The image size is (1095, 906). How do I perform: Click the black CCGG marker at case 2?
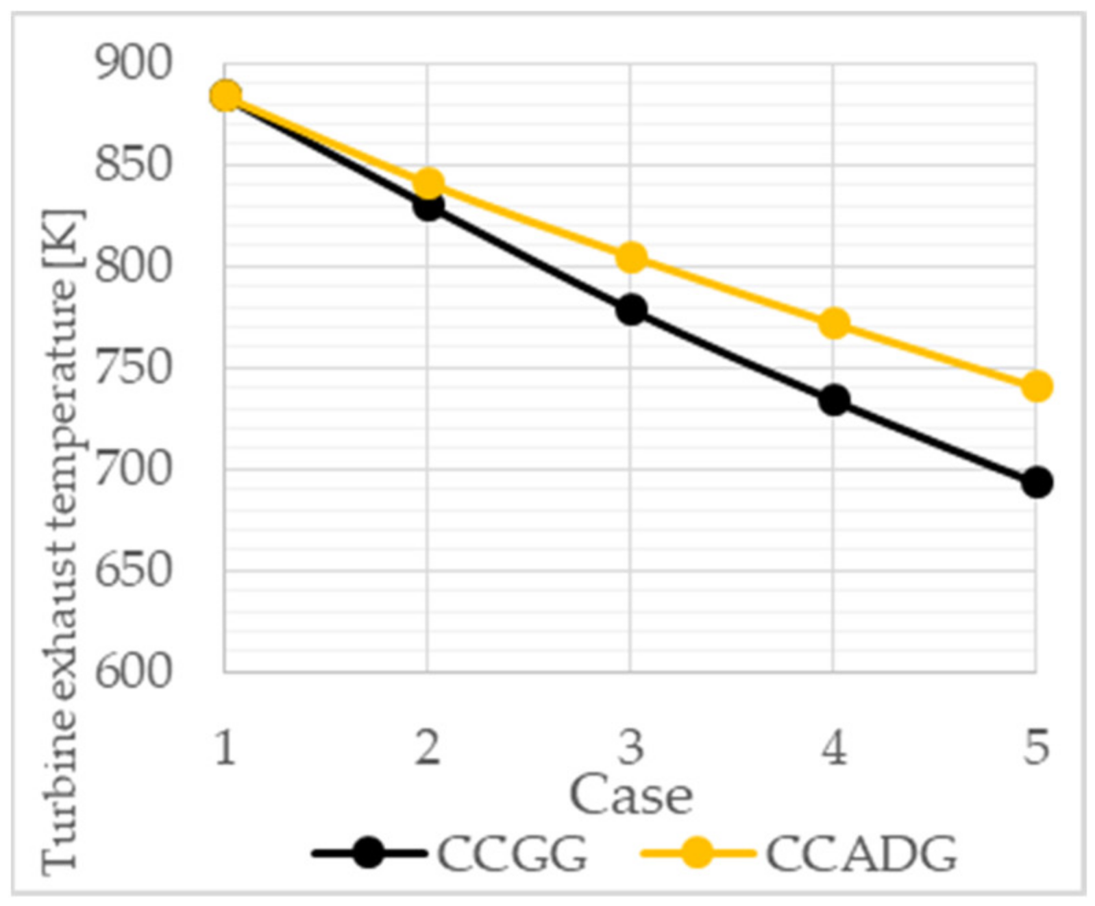point(428,206)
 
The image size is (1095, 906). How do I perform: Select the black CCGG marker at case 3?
point(631,310)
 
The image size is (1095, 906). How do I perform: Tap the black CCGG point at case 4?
point(834,400)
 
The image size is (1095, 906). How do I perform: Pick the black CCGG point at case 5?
point(1036,482)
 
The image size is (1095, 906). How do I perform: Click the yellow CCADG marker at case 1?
point(225,96)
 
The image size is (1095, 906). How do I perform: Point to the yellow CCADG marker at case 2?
point(428,184)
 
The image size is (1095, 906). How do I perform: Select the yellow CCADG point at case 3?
point(631,258)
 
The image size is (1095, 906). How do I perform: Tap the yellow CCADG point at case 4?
point(834,323)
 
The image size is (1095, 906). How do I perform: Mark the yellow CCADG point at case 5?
point(1036,387)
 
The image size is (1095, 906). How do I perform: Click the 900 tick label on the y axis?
point(132,64)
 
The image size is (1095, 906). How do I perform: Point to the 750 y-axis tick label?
point(132,368)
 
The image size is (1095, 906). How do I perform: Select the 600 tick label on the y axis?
point(132,672)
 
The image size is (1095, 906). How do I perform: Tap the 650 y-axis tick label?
point(132,570)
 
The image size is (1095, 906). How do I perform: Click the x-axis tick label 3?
point(631,747)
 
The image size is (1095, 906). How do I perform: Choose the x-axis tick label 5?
point(1036,747)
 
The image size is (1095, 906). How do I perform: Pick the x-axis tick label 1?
point(225,747)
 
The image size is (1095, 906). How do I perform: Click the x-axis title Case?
point(631,796)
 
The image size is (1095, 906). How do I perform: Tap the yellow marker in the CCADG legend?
point(698,853)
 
